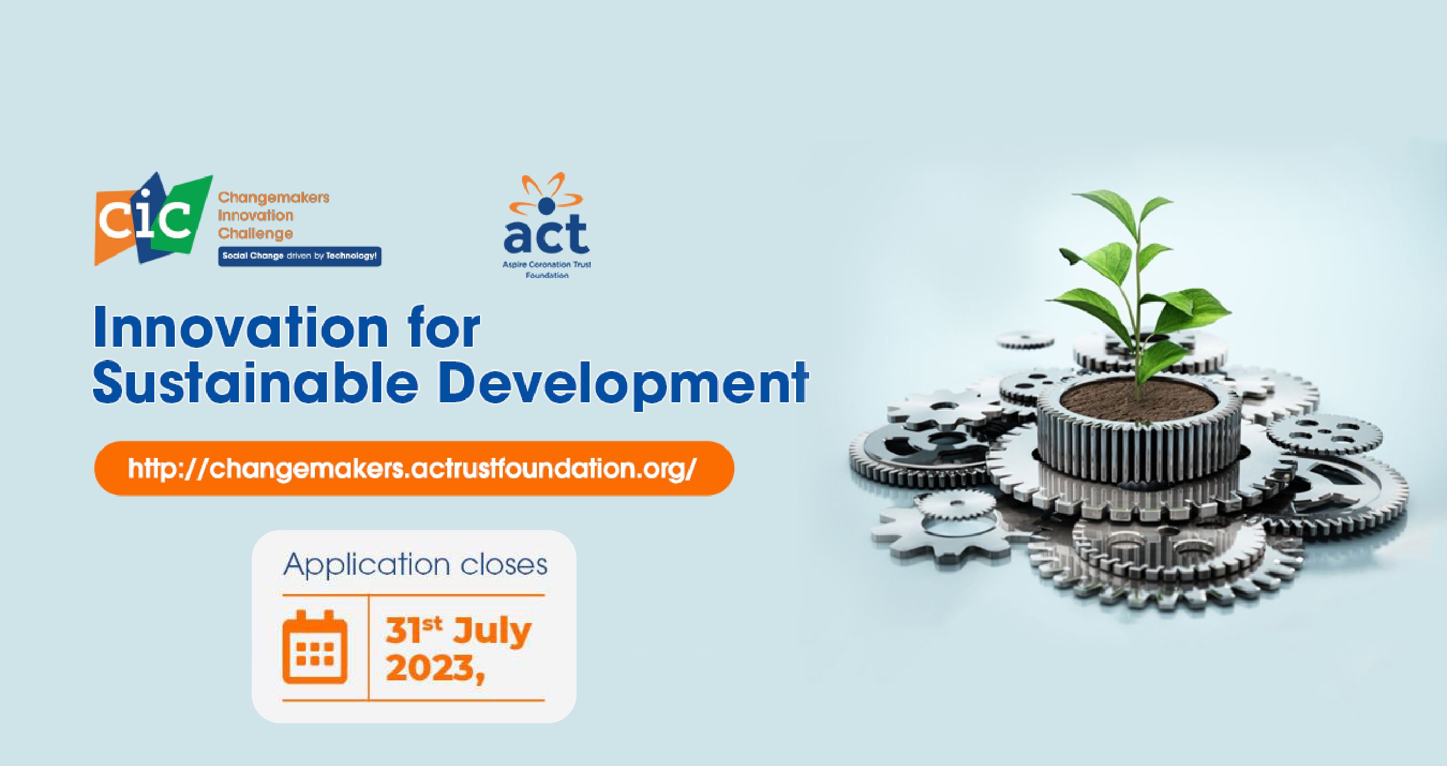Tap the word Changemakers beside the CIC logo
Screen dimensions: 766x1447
point(274,197)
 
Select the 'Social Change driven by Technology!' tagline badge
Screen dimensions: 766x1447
point(300,256)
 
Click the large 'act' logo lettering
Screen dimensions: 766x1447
point(546,234)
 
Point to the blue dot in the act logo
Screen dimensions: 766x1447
point(546,205)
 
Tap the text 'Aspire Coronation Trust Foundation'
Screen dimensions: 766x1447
point(546,270)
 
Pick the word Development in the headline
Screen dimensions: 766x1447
point(623,385)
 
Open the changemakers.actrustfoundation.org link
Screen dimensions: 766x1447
point(413,469)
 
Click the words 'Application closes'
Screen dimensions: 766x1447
point(415,565)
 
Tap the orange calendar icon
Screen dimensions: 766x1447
point(315,647)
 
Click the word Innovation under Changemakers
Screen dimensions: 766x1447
point(255,216)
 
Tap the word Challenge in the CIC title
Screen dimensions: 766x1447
point(255,234)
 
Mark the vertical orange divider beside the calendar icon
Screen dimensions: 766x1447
point(369,647)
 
